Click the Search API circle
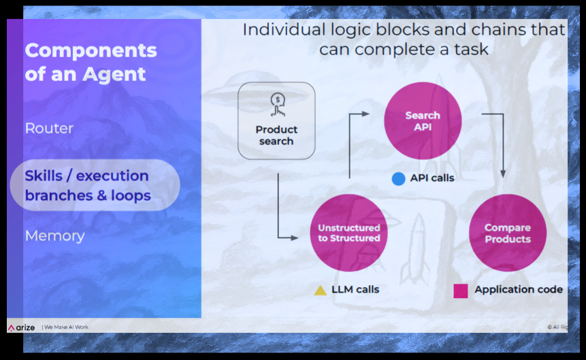coord(423,120)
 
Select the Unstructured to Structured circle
coord(348,233)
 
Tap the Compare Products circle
coord(508,233)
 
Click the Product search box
coord(276,120)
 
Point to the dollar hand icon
coord(277,105)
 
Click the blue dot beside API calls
coord(398,179)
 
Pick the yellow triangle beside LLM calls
coord(321,290)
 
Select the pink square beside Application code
coord(460,291)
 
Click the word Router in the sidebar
coord(49,128)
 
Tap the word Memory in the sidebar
coord(55,236)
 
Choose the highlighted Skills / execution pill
coord(95,185)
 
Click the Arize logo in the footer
coord(21,327)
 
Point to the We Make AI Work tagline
coord(67,327)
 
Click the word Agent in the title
coord(114,74)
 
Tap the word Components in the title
coord(91,50)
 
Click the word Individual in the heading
coord(284,29)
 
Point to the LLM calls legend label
coord(355,289)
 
